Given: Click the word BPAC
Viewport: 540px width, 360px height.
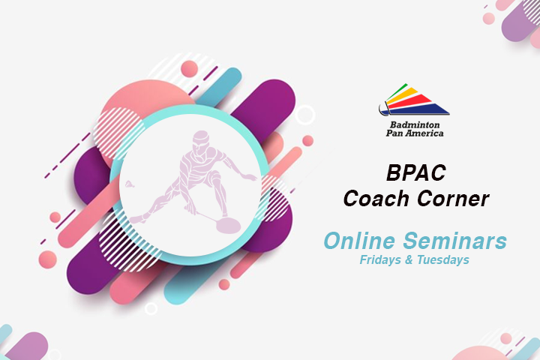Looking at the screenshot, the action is tap(416, 172).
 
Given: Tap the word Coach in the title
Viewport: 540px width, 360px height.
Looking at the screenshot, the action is tap(377, 199).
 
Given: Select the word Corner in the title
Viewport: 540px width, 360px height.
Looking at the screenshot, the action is tap(453, 199).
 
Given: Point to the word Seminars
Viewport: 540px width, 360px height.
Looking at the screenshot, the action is tap(455, 241).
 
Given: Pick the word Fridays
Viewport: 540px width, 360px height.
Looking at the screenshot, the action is tap(380, 259).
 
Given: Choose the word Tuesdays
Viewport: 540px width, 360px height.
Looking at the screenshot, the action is tap(443, 259).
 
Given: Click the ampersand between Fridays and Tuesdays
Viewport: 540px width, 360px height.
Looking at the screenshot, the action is tap(409, 259).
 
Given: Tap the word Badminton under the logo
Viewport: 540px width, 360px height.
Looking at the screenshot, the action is tap(415, 124).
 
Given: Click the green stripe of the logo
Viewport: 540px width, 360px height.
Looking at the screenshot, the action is tap(397, 91).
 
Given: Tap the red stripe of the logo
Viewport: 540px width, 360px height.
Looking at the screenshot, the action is tap(409, 102).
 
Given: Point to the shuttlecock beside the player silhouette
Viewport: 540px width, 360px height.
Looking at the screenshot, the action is tap(130, 184).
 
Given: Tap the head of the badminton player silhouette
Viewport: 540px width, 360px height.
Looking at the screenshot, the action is tap(201, 139).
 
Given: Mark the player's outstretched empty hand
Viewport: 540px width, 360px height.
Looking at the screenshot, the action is tap(250, 177).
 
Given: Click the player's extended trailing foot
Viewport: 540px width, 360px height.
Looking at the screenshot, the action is tap(136, 220).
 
